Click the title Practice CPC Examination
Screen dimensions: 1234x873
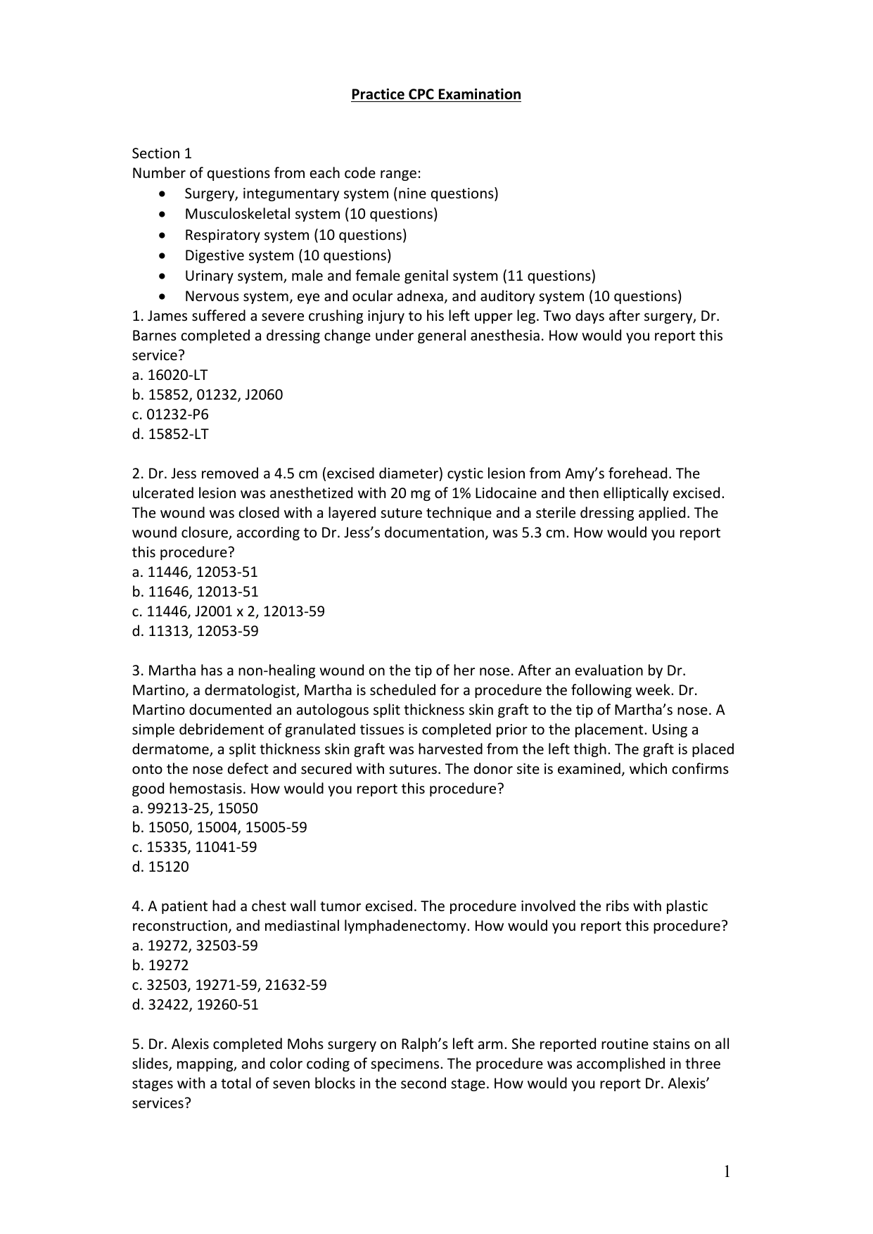(x=435, y=94)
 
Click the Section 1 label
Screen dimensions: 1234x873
(x=162, y=153)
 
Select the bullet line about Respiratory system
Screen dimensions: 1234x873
(x=295, y=235)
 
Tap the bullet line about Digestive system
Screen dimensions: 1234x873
(x=288, y=255)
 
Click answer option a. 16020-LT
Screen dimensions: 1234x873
(x=170, y=375)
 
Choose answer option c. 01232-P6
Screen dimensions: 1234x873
(x=170, y=414)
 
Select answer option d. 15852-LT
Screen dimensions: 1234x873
(x=170, y=434)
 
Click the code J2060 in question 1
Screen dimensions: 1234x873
(x=264, y=395)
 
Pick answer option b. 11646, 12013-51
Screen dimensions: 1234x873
(x=195, y=592)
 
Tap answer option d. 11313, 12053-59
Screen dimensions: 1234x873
(x=195, y=631)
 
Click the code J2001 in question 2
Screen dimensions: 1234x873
(x=216, y=611)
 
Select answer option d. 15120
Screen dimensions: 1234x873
(x=160, y=867)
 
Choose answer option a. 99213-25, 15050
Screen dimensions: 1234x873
(x=195, y=808)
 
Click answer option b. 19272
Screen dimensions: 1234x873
(x=160, y=965)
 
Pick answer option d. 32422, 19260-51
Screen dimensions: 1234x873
(x=195, y=1005)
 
